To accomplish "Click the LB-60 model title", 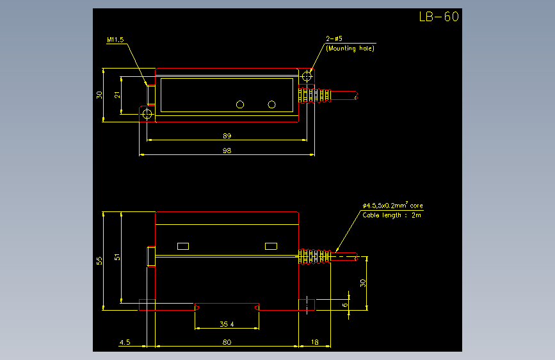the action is tap(439, 17).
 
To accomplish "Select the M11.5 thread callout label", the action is tap(115, 40).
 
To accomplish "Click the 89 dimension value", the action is tap(227, 136).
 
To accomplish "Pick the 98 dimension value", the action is tap(227, 151).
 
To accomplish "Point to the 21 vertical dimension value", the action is tap(117, 95).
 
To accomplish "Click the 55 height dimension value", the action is tap(99, 261).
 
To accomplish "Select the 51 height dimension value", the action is tap(117, 257).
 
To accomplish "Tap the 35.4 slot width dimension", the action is tap(227, 324).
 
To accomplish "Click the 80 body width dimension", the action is tap(227, 342).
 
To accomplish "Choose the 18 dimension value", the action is tap(315, 342).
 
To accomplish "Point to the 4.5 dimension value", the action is tap(125, 342).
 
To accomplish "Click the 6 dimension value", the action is tap(345, 305).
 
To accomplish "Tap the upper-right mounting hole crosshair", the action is tap(307, 76).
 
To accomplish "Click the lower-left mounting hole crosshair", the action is tap(147, 114).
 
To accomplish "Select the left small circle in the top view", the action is tap(240, 104).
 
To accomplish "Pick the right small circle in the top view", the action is tap(272, 104).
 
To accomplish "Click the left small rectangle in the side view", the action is tap(183, 246).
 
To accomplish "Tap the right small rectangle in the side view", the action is tap(271, 246).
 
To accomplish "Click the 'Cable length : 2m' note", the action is tap(392, 215).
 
